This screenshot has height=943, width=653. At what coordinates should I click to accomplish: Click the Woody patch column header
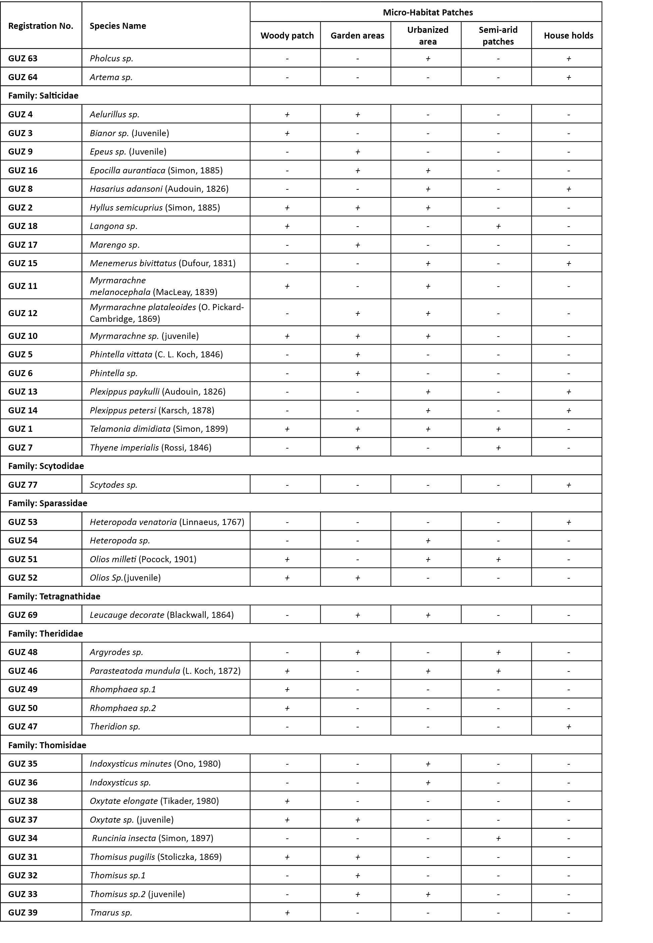(x=287, y=36)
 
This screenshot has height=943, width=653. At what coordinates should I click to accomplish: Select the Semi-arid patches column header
(x=498, y=36)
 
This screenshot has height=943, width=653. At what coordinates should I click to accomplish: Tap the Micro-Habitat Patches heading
(x=428, y=12)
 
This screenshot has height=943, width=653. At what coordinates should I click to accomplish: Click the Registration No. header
(x=41, y=26)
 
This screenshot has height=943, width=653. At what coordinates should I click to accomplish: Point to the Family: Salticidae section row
(x=43, y=95)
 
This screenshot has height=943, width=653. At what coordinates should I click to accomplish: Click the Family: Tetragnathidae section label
(x=54, y=596)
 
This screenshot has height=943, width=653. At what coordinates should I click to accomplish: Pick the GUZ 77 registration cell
(x=23, y=485)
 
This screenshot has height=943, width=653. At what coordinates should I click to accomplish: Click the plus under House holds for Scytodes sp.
(x=568, y=485)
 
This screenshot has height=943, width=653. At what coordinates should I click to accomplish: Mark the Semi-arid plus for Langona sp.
(x=498, y=226)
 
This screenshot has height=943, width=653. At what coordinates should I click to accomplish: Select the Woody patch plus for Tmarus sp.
(x=287, y=912)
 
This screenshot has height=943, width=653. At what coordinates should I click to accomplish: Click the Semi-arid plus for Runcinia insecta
(x=498, y=838)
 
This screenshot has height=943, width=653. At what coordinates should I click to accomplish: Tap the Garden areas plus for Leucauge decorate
(x=357, y=615)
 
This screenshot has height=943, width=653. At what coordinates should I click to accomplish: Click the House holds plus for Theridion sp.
(x=568, y=726)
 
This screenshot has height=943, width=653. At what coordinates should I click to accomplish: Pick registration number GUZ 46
(x=23, y=671)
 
